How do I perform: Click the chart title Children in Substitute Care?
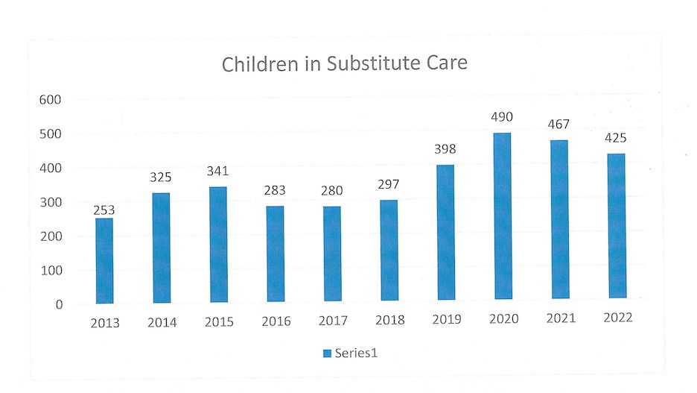point(345,63)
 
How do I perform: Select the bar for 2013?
point(104,261)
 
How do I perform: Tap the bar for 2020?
point(503,216)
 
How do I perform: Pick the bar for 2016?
point(276,254)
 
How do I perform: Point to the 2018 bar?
point(389,250)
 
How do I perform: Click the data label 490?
point(502,117)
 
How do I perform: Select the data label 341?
point(217,171)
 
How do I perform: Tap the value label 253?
point(104,210)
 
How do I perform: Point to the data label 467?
point(558,125)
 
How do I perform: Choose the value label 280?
point(332,191)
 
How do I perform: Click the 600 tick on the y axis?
point(50,100)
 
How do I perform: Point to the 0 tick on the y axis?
point(59,305)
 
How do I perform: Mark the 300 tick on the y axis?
point(51,203)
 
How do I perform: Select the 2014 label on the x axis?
point(162,322)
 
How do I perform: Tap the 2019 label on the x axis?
point(447,319)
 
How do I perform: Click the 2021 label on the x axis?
point(561,318)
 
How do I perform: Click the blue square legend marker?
point(327,353)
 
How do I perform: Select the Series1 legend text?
point(356,353)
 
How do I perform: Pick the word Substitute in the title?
point(374,63)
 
